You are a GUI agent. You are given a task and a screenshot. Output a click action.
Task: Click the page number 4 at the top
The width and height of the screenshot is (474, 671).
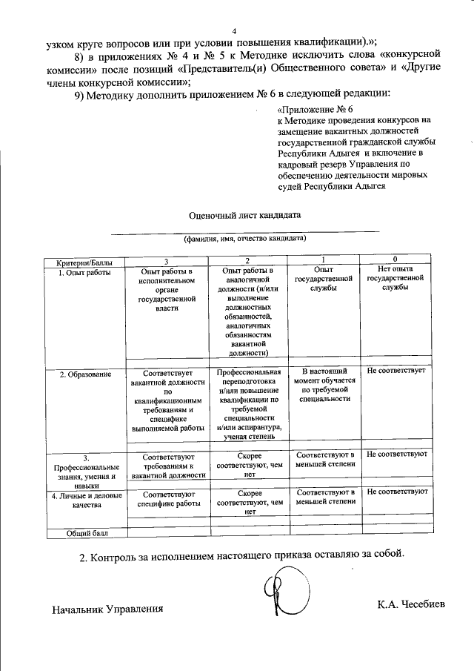(234, 31)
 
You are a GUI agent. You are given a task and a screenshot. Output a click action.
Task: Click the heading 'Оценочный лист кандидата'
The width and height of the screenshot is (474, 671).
(244, 215)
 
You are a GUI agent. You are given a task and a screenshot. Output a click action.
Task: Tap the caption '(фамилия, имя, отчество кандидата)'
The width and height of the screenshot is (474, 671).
(244, 239)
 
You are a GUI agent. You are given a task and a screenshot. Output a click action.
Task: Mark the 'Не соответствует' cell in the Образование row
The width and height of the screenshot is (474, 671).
(395, 370)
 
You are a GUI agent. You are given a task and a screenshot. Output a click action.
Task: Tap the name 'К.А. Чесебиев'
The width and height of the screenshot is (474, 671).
(411, 604)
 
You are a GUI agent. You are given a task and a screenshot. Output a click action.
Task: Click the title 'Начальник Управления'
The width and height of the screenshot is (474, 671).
(107, 609)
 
